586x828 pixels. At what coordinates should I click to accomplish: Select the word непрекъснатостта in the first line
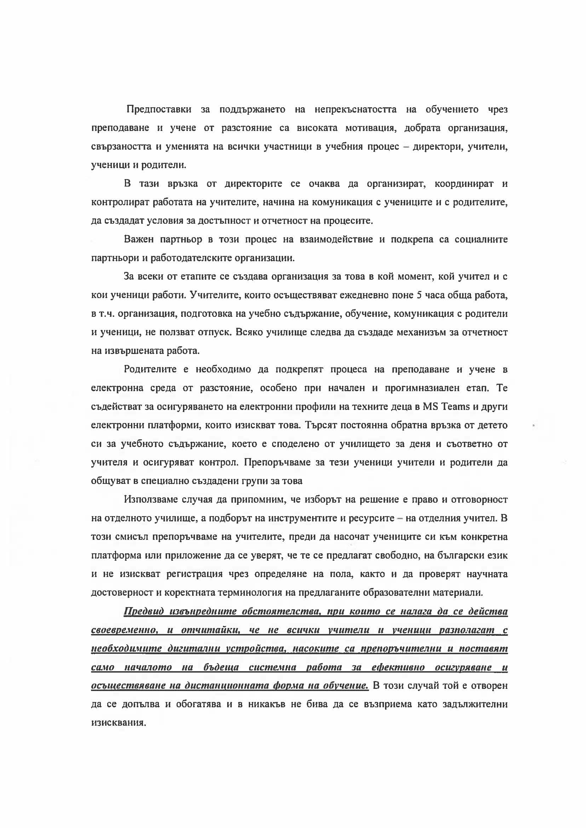[x=355, y=109]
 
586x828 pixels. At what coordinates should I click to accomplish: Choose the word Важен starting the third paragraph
[x=139, y=240]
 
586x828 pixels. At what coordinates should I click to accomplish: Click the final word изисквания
[x=118, y=723]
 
